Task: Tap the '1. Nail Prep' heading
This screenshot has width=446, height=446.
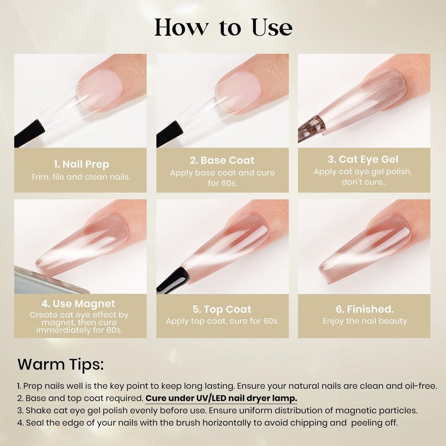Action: click(x=81, y=164)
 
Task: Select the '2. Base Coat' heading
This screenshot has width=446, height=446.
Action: click(x=222, y=161)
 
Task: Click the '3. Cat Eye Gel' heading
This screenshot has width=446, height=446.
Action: click(x=363, y=159)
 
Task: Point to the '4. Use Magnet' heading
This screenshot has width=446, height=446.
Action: click(x=78, y=304)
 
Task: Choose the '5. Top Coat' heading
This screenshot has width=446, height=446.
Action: click(x=222, y=309)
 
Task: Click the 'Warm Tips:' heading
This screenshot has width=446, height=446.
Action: click(x=60, y=364)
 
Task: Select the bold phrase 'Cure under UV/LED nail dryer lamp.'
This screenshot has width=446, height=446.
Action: click(x=221, y=399)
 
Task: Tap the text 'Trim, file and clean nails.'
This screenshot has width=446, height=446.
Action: click(x=81, y=177)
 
